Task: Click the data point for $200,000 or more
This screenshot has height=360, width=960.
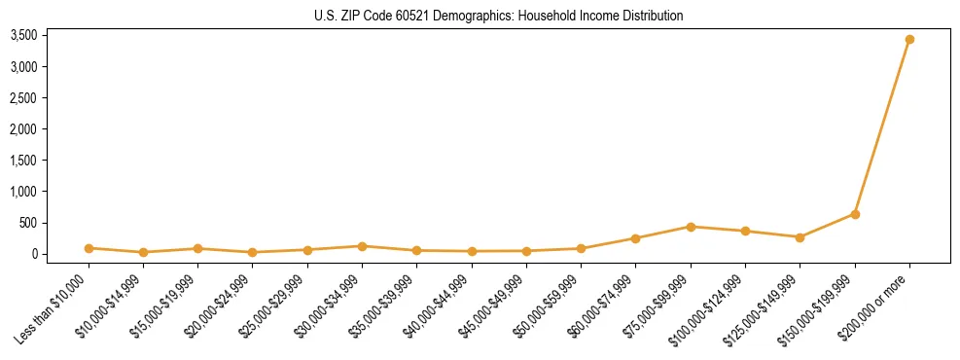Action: pyautogui.click(x=909, y=40)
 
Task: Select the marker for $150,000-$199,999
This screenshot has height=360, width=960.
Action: pyautogui.click(x=855, y=214)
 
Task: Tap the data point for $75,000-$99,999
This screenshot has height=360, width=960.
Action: pyautogui.click(x=691, y=227)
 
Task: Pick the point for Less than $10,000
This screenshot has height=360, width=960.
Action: pyautogui.click(x=89, y=248)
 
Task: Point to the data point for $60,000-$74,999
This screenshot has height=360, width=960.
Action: pyautogui.click(x=635, y=238)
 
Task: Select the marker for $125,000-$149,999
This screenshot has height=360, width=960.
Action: pyautogui.click(x=800, y=237)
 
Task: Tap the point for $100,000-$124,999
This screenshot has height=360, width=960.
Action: pyautogui.click(x=745, y=232)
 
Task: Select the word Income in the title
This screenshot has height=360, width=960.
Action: pyautogui.click(x=599, y=17)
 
